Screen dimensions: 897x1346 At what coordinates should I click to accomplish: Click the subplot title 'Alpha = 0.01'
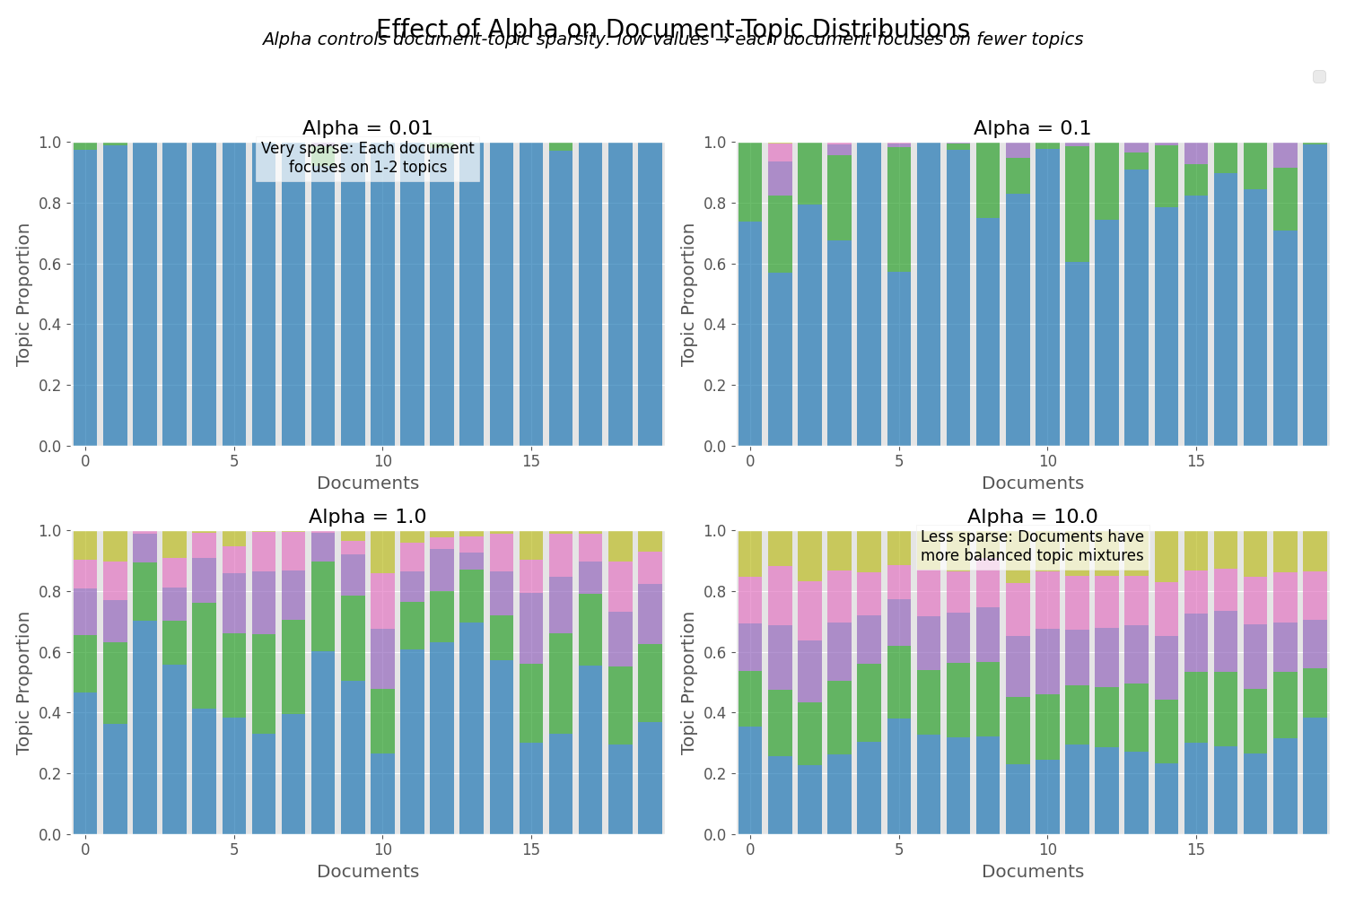pos(367,128)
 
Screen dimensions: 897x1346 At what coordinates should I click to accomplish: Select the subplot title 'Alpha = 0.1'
pos(1032,128)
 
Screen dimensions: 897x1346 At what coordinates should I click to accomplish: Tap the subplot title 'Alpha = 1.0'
pos(367,517)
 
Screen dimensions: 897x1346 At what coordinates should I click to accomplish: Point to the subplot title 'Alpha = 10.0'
pos(1032,517)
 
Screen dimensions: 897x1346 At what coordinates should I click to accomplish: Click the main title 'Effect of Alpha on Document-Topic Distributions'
pos(672,28)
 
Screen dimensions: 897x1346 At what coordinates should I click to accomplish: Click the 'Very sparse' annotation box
pos(367,159)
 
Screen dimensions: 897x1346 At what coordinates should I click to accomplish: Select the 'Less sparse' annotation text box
pos(1032,546)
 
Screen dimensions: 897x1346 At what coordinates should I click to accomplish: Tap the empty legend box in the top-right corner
pos(1319,77)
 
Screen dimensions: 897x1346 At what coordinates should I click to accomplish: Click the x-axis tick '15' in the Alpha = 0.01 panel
pos(531,461)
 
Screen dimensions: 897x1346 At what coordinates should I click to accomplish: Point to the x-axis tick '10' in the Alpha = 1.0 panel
pos(382,849)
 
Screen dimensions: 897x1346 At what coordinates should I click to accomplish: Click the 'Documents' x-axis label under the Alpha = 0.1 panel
pos(1032,483)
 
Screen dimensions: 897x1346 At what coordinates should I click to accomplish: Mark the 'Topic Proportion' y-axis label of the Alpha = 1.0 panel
pos(24,683)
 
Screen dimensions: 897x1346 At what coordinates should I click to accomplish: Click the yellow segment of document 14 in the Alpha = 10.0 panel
pos(1167,556)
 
